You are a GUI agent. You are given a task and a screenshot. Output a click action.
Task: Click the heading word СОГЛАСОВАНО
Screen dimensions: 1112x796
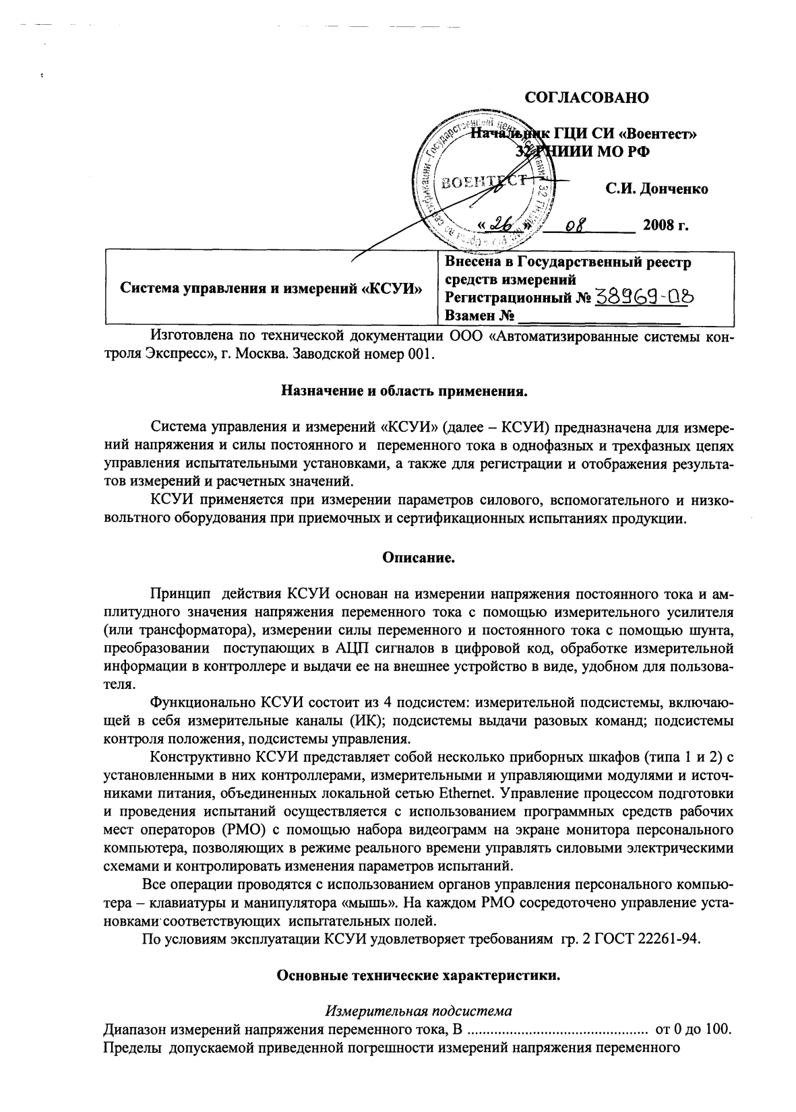[586, 98]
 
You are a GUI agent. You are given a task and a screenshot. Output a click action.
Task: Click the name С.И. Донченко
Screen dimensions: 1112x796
[656, 189]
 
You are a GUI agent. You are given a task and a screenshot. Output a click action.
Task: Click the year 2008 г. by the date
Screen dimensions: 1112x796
[665, 225]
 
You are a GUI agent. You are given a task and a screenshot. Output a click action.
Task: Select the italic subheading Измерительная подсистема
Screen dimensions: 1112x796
[418, 1011]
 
